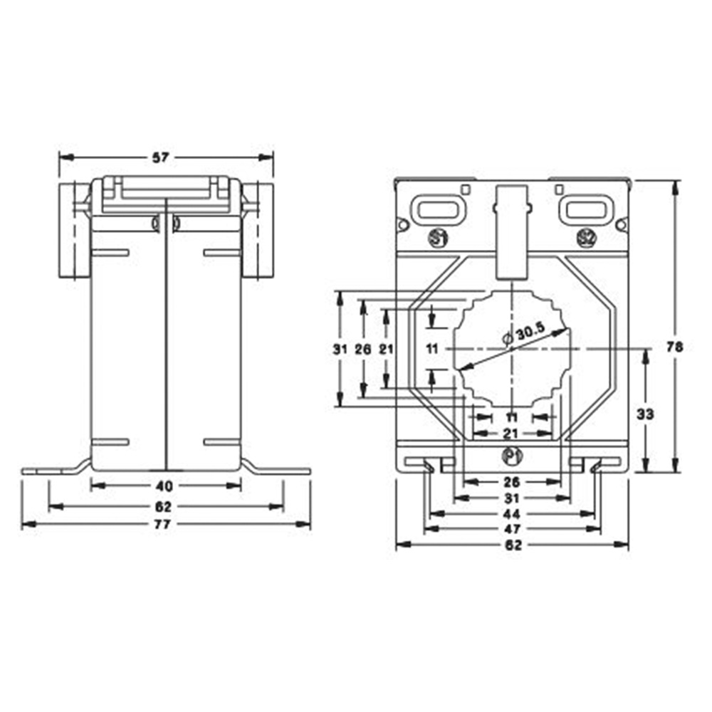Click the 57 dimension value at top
161,157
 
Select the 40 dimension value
165,486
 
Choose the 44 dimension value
511,513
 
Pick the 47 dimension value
511,529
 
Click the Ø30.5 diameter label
528,331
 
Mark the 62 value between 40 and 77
164,506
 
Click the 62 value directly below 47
511,545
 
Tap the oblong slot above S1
440,209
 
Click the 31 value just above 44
511,497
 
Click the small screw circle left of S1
402,225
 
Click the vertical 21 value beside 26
386,348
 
